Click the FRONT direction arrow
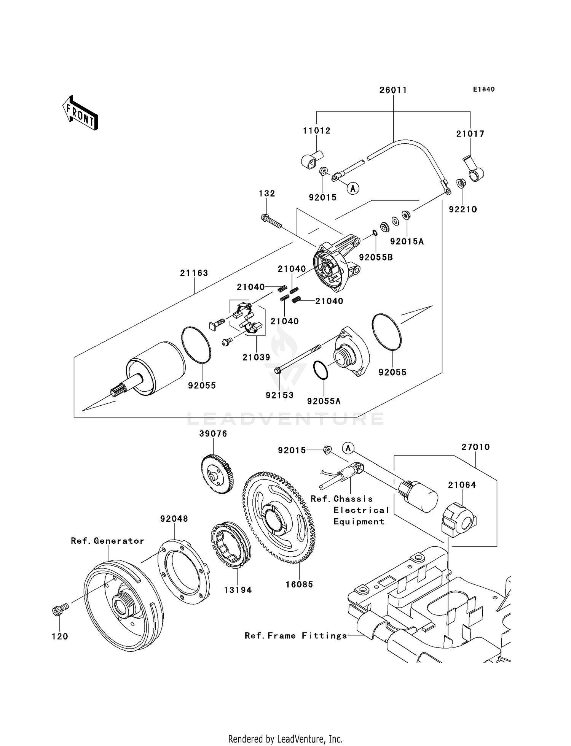[x=80, y=113]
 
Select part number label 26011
[x=393, y=90]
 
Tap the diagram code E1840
[x=483, y=89]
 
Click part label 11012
[x=317, y=131]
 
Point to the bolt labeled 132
[x=272, y=221]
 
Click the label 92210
[x=463, y=209]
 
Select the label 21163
[x=194, y=273]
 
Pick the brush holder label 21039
[x=256, y=357]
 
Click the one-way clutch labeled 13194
[x=230, y=545]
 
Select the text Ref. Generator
[x=107, y=541]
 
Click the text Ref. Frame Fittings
[x=296, y=635]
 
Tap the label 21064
[x=462, y=485]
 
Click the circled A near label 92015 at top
[x=354, y=188]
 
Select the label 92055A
[x=324, y=401]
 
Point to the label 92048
[x=174, y=519]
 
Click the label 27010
[x=475, y=447]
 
